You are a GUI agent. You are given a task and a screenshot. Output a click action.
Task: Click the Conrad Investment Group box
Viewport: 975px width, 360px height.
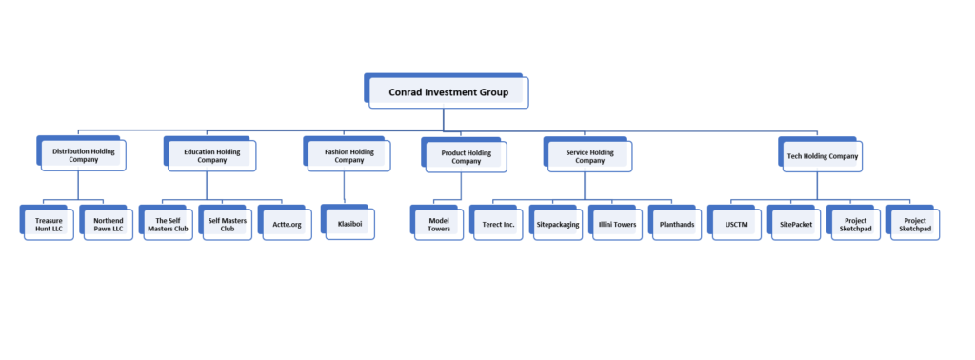(448, 92)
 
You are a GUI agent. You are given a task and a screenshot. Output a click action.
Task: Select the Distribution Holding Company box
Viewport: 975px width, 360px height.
(84, 155)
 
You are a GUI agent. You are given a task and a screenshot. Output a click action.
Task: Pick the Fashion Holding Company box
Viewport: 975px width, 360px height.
(349, 155)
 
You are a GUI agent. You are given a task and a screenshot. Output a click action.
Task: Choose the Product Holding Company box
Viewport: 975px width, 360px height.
(467, 156)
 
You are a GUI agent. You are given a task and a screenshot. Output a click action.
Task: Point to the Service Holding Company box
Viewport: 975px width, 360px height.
(590, 155)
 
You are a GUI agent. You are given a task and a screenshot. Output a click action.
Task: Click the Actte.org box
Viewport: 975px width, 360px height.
(285, 224)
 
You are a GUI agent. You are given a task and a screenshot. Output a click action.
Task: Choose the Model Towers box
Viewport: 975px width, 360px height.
(438, 224)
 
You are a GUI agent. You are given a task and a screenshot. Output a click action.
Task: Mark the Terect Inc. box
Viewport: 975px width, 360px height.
(497, 224)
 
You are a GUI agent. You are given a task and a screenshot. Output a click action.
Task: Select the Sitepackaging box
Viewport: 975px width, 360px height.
(558, 224)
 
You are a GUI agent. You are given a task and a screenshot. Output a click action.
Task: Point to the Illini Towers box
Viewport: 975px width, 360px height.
(617, 224)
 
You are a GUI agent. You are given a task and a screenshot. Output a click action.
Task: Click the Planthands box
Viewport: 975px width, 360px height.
(677, 224)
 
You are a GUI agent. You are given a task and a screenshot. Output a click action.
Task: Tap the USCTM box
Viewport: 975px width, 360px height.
(736, 224)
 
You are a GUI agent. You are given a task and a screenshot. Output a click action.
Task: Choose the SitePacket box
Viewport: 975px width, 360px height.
(795, 224)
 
